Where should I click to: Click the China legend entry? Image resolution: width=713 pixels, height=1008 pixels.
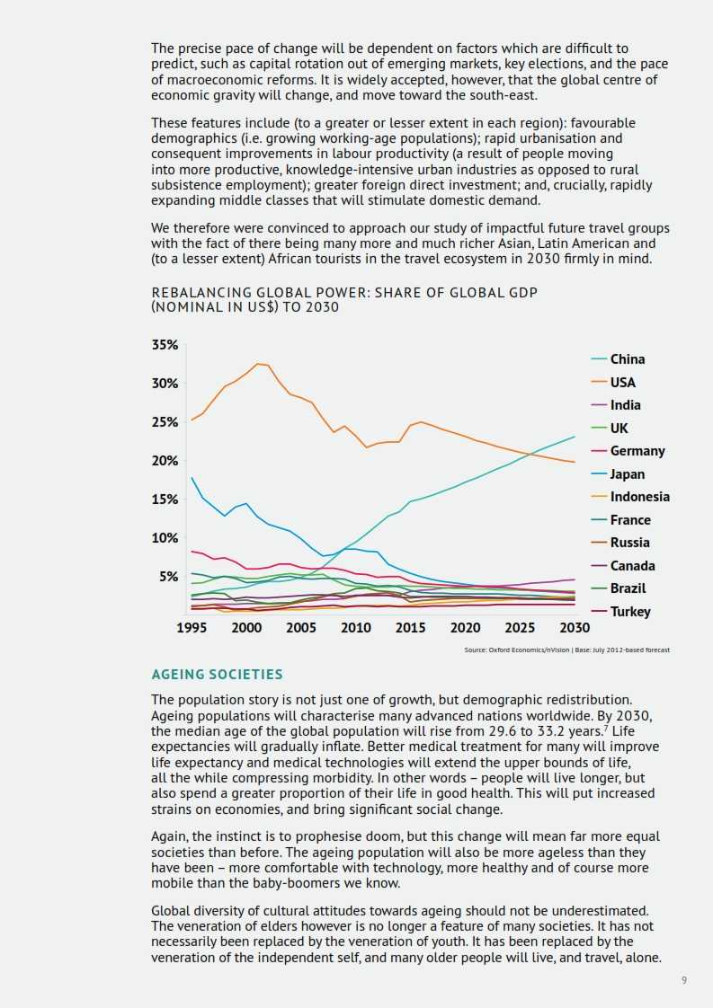[x=628, y=359]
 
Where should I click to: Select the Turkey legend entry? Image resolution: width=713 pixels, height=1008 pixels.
[x=630, y=612]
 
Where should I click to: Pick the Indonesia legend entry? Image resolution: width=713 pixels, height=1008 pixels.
[x=639, y=497]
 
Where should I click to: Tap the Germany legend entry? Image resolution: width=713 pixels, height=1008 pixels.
[x=637, y=451]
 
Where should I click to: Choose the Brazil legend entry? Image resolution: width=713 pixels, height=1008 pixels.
[x=628, y=588]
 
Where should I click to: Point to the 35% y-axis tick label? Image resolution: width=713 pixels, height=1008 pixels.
[x=165, y=345]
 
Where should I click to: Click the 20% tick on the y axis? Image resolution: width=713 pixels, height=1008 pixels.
[x=165, y=461]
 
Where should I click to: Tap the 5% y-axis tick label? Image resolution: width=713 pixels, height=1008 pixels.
[x=168, y=577]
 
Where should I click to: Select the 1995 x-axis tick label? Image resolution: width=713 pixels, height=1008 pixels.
[x=192, y=628]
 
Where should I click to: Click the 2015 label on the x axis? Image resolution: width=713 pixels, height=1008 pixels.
[x=411, y=628]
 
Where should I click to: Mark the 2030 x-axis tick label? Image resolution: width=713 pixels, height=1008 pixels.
[x=575, y=628]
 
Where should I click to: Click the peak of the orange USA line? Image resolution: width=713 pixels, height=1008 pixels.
[x=258, y=363]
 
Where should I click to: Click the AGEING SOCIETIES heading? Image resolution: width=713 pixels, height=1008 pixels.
[x=217, y=675]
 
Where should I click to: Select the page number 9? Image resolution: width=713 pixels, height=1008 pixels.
[x=684, y=980]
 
